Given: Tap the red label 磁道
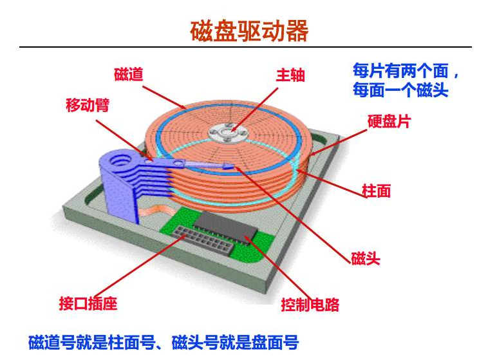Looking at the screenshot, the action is [x=129, y=75].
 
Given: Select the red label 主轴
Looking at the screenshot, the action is [x=290, y=75].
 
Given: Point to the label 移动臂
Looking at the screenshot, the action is [x=88, y=105].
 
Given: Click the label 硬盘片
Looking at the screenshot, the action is [x=389, y=122].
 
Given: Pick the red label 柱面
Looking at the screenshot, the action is [x=376, y=191].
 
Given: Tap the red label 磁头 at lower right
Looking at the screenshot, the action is [x=366, y=258].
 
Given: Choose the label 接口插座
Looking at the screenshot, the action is [x=88, y=303].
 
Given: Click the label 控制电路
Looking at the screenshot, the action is [x=310, y=304].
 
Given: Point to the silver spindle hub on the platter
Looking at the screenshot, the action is [x=229, y=133].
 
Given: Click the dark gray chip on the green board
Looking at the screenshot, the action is [x=226, y=226].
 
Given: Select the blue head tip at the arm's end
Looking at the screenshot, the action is [x=229, y=167].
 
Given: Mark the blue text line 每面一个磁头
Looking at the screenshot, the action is [x=400, y=90].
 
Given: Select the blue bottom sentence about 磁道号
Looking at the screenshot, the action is [x=164, y=343].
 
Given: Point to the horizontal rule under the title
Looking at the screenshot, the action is [x=245, y=47].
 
